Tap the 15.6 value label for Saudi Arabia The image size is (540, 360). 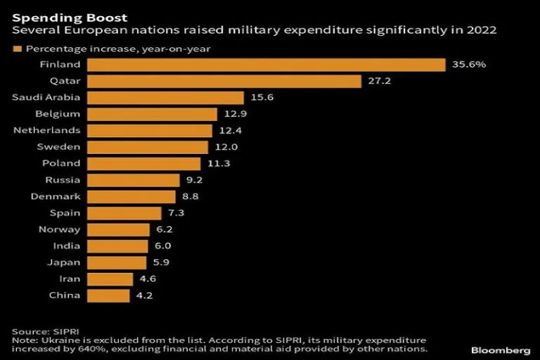[261, 98]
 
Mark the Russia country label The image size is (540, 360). [63, 180]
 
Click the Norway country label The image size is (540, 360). [61, 229]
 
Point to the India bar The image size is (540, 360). [118, 246]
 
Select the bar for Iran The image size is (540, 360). [110, 279]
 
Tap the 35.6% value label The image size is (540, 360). [468, 65]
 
